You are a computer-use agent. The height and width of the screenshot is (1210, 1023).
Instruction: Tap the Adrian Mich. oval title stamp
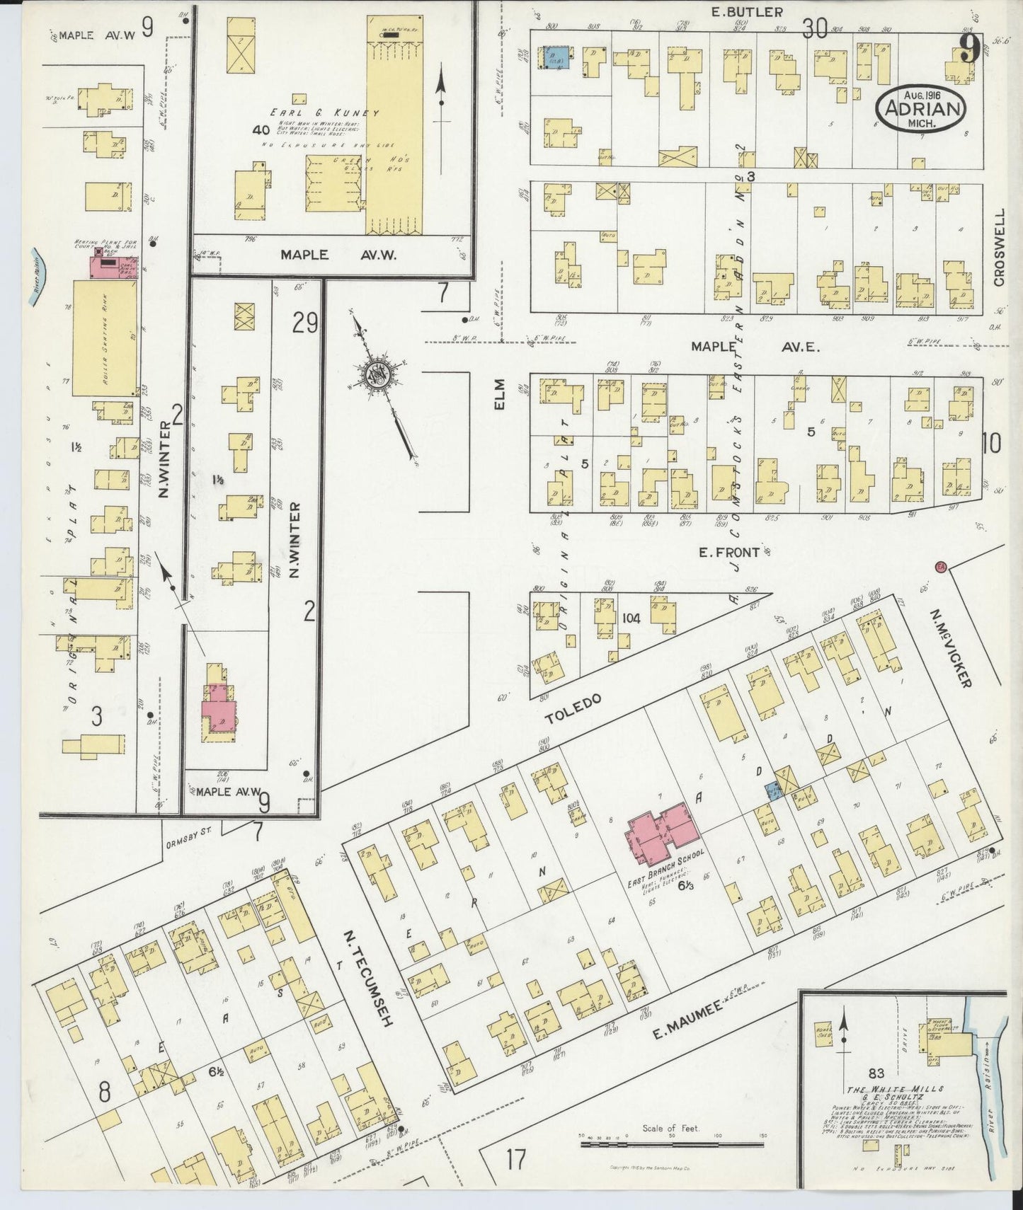[x=921, y=110]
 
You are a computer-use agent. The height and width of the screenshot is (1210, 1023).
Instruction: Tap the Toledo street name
[x=573, y=708]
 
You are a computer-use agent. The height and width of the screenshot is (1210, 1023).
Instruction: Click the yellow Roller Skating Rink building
[x=105, y=338]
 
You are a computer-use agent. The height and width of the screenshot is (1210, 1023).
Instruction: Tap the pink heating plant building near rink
[x=113, y=267]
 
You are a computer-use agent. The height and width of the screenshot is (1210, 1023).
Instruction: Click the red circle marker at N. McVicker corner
[x=941, y=566]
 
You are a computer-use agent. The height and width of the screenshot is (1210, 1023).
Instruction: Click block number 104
[x=631, y=618]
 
